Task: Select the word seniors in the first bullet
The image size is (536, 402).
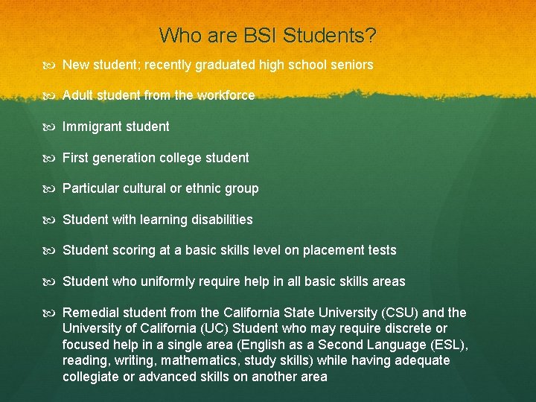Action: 351,65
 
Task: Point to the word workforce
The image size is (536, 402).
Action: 226,95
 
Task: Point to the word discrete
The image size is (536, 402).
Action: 408,329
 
